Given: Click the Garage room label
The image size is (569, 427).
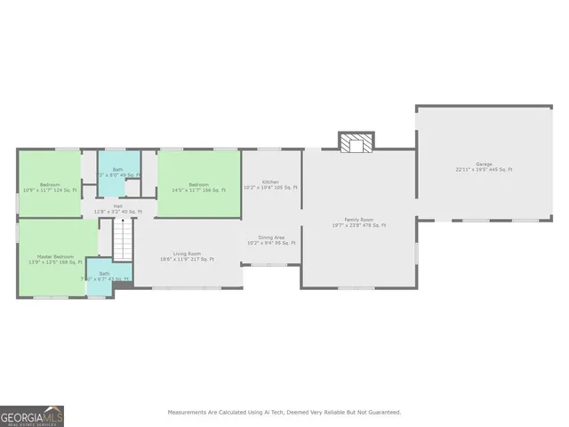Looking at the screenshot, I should point(484,164).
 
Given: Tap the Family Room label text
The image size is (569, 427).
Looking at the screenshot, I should point(359,220).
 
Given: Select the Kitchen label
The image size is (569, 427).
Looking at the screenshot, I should point(270,182).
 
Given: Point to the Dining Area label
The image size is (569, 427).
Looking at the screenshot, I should point(271,238).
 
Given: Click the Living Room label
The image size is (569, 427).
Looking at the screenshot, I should point(187,254).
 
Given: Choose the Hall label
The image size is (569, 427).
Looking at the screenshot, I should point(117,205).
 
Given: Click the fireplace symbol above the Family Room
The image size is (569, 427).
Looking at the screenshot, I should point(356,141).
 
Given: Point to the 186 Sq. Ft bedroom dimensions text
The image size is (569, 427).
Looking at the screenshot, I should point(197,190).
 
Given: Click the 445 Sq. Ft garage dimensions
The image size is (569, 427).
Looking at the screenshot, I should point(484,169).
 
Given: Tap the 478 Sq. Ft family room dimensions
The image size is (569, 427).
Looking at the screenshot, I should point(359,225).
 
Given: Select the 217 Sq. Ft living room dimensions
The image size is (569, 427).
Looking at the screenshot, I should point(187,259).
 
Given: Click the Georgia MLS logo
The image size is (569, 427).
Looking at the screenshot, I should point(32,415).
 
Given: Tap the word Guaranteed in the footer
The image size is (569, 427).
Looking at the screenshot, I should point(381,412).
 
